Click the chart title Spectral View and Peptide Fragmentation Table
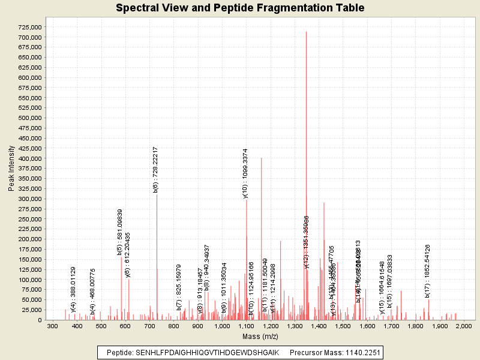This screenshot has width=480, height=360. pyautogui.click(x=240, y=8)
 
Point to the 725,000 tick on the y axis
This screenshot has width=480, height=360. pyautogui.click(x=28, y=27)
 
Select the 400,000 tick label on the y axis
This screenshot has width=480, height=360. pyautogui.click(x=28, y=158)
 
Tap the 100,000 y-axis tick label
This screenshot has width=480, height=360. pyautogui.click(x=28, y=280)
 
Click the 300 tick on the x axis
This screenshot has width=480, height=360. pyautogui.click(x=53, y=326)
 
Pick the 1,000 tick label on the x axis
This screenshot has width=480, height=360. pyautogui.click(x=223, y=326)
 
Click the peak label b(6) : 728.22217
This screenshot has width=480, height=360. pyautogui.click(x=156, y=169)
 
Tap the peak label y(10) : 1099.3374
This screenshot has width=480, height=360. pyautogui.click(x=245, y=173)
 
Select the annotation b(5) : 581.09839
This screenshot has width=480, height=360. pyautogui.click(x=120, y=232)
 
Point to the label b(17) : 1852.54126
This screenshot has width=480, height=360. pyautogui.click(x=428, y=271)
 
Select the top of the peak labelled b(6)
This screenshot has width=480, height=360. pyautogui.click(x=157, y=196)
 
